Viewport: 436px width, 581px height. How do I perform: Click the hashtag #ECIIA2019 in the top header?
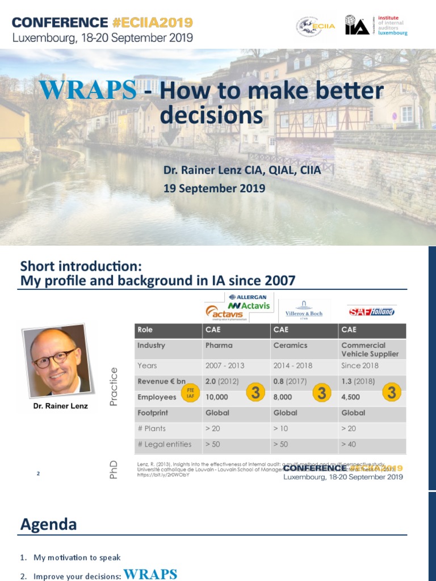150,23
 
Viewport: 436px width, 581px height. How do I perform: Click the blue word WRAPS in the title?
87,91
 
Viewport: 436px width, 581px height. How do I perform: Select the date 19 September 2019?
214,188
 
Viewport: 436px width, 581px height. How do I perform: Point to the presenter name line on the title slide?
242,170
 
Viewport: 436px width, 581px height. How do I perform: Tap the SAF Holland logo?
372,311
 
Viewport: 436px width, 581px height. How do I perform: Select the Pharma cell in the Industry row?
219,345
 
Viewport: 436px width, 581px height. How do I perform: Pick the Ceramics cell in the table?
290,345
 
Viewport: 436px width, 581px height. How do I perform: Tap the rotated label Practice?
113,387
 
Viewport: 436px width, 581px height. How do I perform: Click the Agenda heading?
48,524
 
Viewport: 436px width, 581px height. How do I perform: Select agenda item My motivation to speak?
77,557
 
